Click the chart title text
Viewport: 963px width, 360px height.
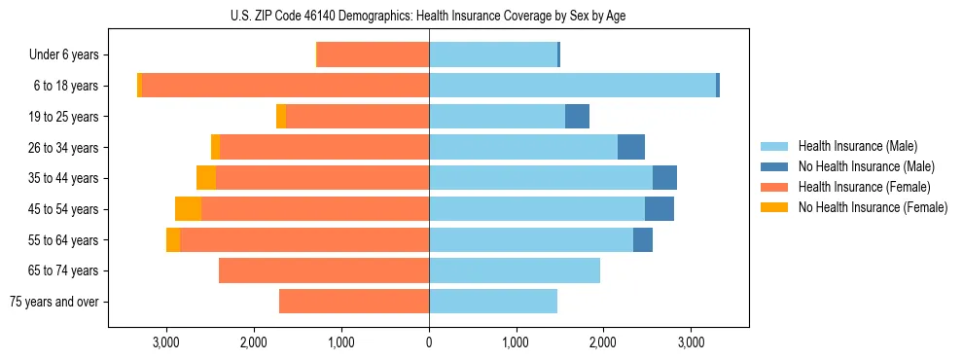pos(429,16)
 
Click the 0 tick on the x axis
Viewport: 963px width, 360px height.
pos(429,342)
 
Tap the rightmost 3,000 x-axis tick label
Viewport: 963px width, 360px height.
pos(691,342)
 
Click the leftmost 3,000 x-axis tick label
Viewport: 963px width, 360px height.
pos(166,342)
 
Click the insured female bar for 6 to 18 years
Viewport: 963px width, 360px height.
pos(286,86)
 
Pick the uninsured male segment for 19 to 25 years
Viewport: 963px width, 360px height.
pos(577,117)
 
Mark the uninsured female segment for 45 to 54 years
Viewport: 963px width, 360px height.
pos(188,209)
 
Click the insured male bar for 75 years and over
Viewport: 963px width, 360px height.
pos(493,302)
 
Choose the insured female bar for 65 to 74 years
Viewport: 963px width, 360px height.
pos(324,270)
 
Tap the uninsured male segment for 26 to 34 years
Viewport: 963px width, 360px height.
pos(631,147)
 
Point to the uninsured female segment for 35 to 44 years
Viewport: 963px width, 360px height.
pos(206,178)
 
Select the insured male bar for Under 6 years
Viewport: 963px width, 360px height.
pos(493,55)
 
